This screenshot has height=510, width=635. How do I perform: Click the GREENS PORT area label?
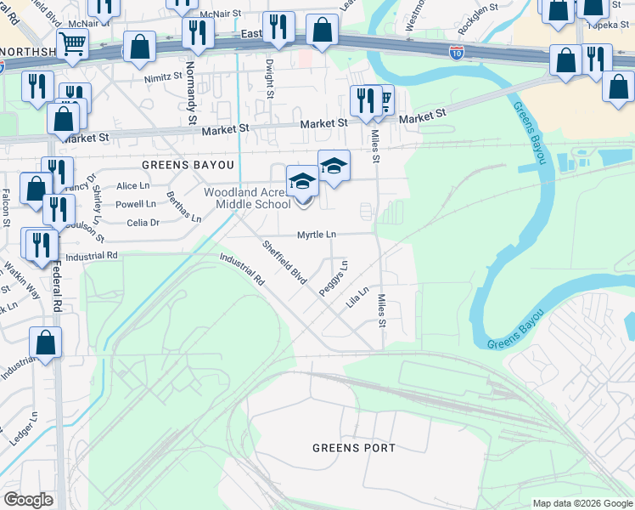click(x=354, y=448)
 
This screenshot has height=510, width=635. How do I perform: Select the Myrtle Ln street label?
click(x=316, y=235)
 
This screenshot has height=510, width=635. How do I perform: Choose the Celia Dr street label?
click(x=143, y=223)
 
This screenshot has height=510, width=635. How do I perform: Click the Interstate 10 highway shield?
click(x=456, y=53)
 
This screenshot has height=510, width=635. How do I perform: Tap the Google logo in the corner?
click(x=28, y=500)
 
